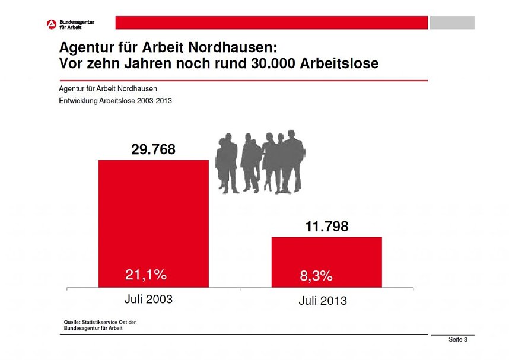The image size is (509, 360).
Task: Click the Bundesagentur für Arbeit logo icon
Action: (52, 24)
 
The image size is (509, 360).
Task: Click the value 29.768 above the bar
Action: (153, 150)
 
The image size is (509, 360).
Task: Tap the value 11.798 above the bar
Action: (326, 227)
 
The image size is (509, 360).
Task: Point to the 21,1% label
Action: (146, 275)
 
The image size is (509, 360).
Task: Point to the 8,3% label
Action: (316, 276)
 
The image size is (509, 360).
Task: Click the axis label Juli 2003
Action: (148, 300)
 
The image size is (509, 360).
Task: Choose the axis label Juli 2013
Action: (322, 301)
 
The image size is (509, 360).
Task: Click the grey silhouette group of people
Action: (259, 162)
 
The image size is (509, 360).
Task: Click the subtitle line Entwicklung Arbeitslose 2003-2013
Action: (115, 101)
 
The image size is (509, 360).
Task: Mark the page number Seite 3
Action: (458, 340)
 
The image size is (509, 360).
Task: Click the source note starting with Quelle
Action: (95, 324)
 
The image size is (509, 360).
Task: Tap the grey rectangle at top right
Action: (451, 23)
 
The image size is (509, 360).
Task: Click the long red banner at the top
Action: (271, 23)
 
